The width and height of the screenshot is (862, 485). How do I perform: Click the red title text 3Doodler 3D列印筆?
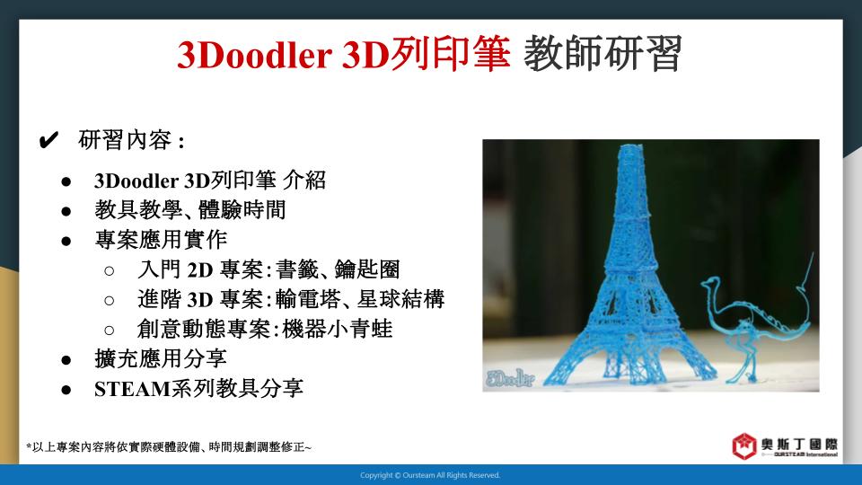pos(344,54)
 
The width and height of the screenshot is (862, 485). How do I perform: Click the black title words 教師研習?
pos(603,54)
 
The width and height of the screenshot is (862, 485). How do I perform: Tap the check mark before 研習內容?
pos(48,140)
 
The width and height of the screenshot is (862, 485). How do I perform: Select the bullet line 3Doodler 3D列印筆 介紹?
pos(210,181)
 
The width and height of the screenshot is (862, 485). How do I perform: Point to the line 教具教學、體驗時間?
pos(190,210)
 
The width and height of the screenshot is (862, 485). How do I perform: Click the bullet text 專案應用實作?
pos(161,240)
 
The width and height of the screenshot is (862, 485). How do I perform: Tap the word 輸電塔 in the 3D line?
pos(308,299)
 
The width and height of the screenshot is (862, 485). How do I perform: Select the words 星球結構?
pos(400,299)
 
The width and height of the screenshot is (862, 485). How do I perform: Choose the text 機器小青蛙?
pos(337,329)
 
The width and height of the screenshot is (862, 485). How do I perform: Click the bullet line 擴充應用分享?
pos(161,358)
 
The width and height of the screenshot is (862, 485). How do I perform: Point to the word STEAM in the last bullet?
pos(133,389)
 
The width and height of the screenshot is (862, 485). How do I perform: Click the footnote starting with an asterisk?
pos(169,447)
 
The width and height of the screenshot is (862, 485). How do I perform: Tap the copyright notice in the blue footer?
pos(430,475)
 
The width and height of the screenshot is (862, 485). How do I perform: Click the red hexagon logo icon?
pos(743,445)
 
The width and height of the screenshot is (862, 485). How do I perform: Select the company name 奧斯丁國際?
pos(799,445)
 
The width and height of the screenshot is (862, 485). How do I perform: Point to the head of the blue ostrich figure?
pos(708,283)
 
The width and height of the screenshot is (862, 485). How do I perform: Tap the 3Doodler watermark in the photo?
pos(510,378)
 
